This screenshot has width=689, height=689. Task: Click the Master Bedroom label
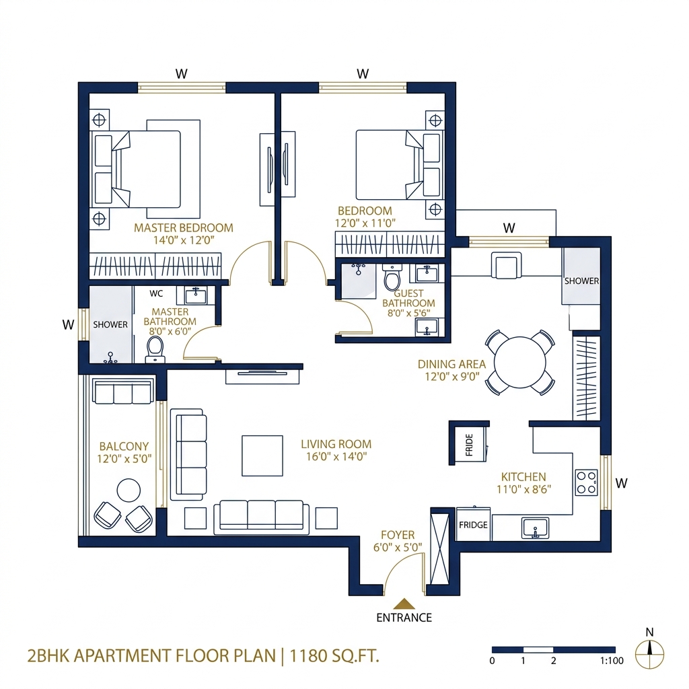click(183, 227)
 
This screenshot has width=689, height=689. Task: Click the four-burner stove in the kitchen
click(586, 482)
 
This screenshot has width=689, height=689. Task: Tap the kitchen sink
click(535, 528)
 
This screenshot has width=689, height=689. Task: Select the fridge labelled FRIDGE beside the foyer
click(473, 525)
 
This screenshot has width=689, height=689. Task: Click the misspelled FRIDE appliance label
click(469, 445)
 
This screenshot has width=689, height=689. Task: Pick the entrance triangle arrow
click(404, 603)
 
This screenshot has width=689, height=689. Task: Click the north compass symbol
click(649, 651)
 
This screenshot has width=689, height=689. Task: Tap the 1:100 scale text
click(611, 661)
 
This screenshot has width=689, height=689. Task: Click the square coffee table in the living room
click(262, 456)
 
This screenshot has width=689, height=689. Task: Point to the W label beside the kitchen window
click(622, 482)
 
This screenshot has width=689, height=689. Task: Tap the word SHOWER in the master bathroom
click(110, 324)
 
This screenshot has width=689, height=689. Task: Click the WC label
click(156, 294)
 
